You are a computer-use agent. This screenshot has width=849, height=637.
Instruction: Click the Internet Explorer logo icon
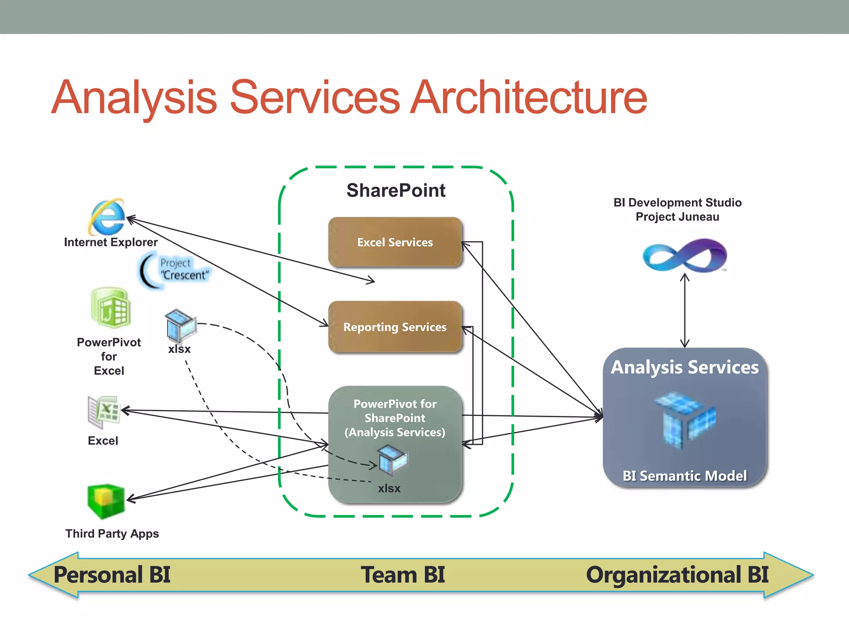(x=107, y=216)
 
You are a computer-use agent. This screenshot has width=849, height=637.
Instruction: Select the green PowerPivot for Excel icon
(x=111, y=308)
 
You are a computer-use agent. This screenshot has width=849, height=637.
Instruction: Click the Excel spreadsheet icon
(x=104, y=412)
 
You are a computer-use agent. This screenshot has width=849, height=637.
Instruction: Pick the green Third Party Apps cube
(x=106, y=501)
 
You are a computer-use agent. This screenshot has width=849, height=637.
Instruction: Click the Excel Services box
(x=395, y=242)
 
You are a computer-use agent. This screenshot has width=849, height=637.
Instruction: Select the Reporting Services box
(x=395, y=327)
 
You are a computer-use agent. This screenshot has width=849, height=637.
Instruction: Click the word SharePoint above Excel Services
(x=396, y=191)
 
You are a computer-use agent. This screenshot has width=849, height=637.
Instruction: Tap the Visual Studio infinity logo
(x=684, y=255)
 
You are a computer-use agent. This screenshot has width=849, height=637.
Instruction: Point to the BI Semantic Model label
(x=684, y=476)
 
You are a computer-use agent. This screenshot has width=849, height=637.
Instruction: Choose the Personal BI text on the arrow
(x=112, y=575)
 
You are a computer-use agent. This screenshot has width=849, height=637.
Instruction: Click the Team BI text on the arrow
(x=403, y=575)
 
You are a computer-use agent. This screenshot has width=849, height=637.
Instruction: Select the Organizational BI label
(x=677, y=575)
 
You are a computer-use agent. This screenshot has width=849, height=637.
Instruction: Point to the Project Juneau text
(x=677, y=217)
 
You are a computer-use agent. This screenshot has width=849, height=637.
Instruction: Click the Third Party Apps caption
(x=112, y=534)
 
